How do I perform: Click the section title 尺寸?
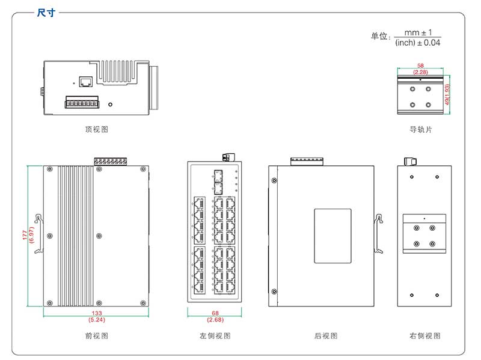coord(46,13)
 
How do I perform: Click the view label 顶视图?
coord(97,129)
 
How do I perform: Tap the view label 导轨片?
coord(420,129)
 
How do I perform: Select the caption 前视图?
coord(97,336)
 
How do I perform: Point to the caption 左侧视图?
coord(215,336)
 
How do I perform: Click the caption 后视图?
coord(326,336)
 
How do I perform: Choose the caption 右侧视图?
coord(424,336)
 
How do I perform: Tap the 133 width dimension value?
coord(97,313)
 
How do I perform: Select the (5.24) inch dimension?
coord(97,320)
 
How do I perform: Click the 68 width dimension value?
coord(215,313)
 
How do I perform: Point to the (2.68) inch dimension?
coord(215,320)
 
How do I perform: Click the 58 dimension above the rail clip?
coord(420,65)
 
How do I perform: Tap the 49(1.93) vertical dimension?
coord(448,95)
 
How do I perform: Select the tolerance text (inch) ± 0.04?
coord(418,43)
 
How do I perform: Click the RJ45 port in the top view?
coord(85,81)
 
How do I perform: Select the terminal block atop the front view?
coord(110,162)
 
